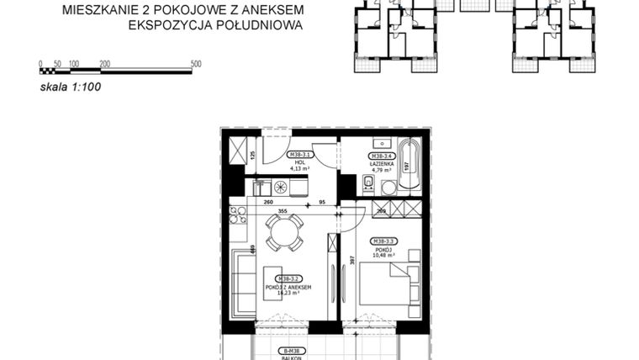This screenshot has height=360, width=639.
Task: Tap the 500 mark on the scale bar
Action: click(x=196, y=64)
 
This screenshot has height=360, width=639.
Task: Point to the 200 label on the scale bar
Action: click(x=104, y=64)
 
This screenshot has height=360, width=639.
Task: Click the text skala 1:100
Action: click(x=71, y=85)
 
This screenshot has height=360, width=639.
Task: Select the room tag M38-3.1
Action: click(x=301, y=155)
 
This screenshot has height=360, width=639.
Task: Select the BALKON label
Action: click(x=291, y=356)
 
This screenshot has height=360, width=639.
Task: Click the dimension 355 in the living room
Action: click(x=283, y=212)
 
